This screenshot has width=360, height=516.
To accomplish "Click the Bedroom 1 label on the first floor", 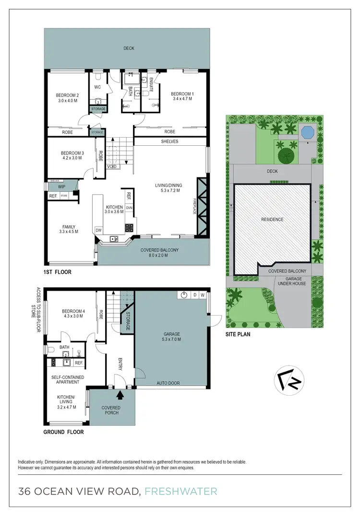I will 182,93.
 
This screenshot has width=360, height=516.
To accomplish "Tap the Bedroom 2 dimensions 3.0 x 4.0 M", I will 68,101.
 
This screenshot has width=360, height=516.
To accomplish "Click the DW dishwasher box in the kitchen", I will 98,231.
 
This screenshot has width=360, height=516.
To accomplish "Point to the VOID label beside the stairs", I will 111,166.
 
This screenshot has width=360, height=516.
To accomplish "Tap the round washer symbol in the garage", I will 184,295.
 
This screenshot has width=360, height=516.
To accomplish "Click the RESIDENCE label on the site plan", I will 272,220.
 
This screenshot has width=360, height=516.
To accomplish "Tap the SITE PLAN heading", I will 238,334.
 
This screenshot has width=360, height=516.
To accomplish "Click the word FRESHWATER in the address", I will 181,491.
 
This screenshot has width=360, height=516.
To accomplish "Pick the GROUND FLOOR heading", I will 63,432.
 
